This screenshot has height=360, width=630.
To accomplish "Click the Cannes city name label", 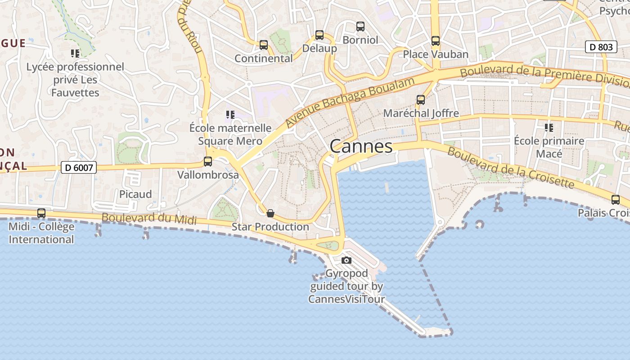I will [361, 146].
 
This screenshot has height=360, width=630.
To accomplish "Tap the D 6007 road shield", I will [79, 168].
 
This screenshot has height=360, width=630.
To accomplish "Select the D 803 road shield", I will [601, 47].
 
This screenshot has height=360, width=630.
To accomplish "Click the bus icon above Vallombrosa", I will [208, 162].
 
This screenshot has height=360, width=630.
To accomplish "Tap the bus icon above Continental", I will [264, 45].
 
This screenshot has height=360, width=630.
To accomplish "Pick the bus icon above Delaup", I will [319, 35].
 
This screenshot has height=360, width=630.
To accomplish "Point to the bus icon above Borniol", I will [360, 27].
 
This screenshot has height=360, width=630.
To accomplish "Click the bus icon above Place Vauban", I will [436, 41].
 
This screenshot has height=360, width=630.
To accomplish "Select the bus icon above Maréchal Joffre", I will [421, 100].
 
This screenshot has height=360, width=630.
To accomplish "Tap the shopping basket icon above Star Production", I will [270, 213].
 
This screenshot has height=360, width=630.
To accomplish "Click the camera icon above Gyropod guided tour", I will [346, 260].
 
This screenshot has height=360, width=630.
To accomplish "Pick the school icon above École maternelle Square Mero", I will [230, 115].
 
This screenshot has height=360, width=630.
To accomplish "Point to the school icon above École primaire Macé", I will [549, 128].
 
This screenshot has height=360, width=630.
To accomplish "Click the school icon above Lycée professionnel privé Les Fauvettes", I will [75, 54].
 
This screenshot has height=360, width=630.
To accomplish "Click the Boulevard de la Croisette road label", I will [511, 168].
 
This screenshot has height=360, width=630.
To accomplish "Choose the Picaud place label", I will [135, 194].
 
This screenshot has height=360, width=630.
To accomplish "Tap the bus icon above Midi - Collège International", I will [41, 213].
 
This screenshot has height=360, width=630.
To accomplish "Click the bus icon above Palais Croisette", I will [616, 200].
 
